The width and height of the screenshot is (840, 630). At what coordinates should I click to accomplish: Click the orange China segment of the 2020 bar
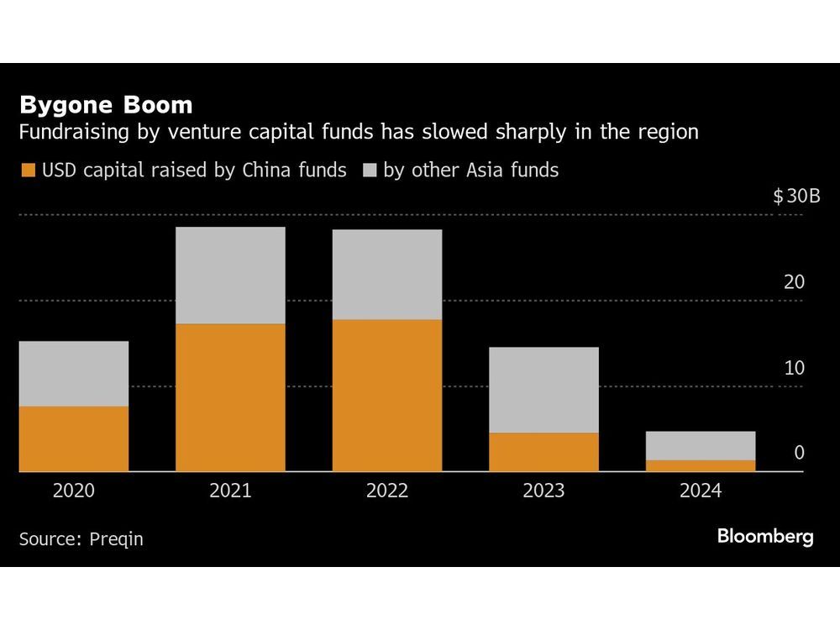tap(74, 438)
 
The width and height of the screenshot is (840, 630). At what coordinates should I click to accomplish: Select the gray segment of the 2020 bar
tap(74, 374)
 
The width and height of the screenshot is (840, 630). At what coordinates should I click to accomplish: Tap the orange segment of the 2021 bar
tap(230, 397)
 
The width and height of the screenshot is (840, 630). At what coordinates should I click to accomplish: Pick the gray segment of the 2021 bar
tap(230, 276)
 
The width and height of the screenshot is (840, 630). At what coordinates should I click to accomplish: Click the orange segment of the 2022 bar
tap(387, 396)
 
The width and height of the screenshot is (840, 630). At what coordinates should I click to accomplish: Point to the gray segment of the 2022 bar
tap(387, 275)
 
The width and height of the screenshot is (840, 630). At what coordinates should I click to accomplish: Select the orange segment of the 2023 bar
tap(543, 452)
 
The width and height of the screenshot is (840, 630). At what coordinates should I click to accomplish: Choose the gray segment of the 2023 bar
tap(543, 390)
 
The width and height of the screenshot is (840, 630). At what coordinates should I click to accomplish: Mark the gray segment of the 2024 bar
tap(701, 445)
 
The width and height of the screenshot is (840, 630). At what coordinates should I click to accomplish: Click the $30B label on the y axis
tap(797, 197)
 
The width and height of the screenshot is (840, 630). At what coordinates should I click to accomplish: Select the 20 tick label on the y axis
tap(794, 282)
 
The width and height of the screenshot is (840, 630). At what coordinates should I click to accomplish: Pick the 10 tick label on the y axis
tap(794, 368)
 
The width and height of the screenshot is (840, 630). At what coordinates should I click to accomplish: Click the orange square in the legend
tap(27, 171)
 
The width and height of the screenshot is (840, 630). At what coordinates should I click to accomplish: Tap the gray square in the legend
tap(369, 171)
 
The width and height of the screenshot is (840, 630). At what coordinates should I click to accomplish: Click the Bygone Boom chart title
tap(106, 105)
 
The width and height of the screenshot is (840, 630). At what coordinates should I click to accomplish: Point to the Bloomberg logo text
tap(765, 537)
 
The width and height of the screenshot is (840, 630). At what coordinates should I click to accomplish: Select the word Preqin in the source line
tap(116, 539)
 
